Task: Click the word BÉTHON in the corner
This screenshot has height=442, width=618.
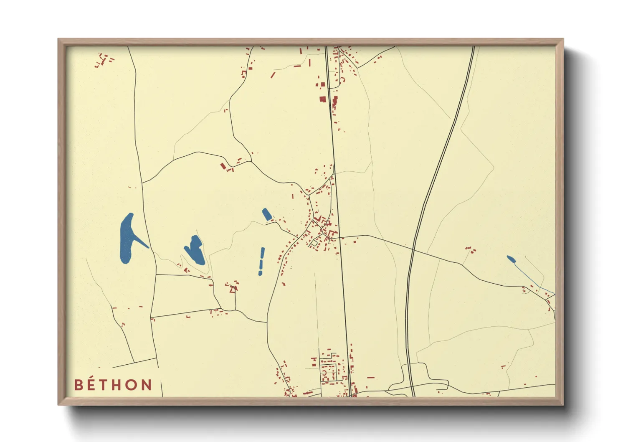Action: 113,385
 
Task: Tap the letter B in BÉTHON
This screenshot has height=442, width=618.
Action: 78,385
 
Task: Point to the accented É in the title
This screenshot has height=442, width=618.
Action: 92,384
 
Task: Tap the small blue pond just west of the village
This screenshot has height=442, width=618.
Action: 266,214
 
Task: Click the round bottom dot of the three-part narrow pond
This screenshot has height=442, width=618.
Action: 260,273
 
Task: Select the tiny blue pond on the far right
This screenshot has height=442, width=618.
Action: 510,259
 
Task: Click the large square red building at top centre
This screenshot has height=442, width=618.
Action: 322,99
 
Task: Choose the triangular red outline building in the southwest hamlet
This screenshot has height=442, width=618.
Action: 233,288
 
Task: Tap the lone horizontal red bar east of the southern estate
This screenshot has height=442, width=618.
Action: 370,377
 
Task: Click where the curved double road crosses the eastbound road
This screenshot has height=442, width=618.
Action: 413,249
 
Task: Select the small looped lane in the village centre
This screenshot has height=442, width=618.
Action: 314,242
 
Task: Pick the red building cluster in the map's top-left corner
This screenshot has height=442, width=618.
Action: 103,60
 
